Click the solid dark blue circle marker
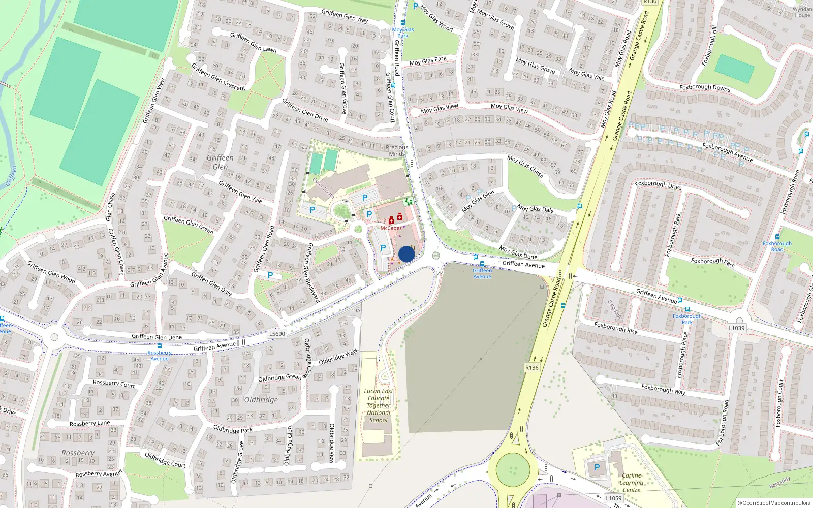(x=407, y=254)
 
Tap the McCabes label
(x=391, y=228)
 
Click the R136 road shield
(x=531, y=367)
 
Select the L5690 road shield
(x=277, y=333)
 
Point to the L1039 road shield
(x=736, y=328)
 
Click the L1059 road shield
(x=613, y=498)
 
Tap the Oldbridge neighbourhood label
(x=261, y=400)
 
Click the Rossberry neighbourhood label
(x=78, y=453)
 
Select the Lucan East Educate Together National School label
(x=379, y=405)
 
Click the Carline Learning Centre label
(x=631, y=483)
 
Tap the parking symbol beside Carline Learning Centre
(x=597, y=467)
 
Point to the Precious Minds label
(x=397, y=150)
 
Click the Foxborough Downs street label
(x=704, y=87)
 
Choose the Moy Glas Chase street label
(x=525, y=167)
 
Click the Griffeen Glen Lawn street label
(x=253, y=42)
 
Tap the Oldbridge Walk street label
(x=338, y=357)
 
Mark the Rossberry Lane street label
(x=89, y=423)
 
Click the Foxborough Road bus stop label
(x=777, y=246)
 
